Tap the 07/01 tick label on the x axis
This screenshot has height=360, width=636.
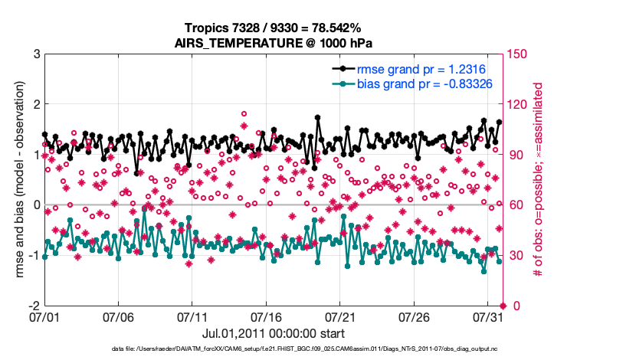(44, 316)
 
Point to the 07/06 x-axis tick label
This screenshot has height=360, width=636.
(119, 316)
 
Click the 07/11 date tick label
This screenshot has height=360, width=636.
(193, 316)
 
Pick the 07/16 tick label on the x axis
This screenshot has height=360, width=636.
(267, 316)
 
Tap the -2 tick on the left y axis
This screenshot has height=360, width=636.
(34, 306)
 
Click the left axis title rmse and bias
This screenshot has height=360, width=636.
(18, 179)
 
